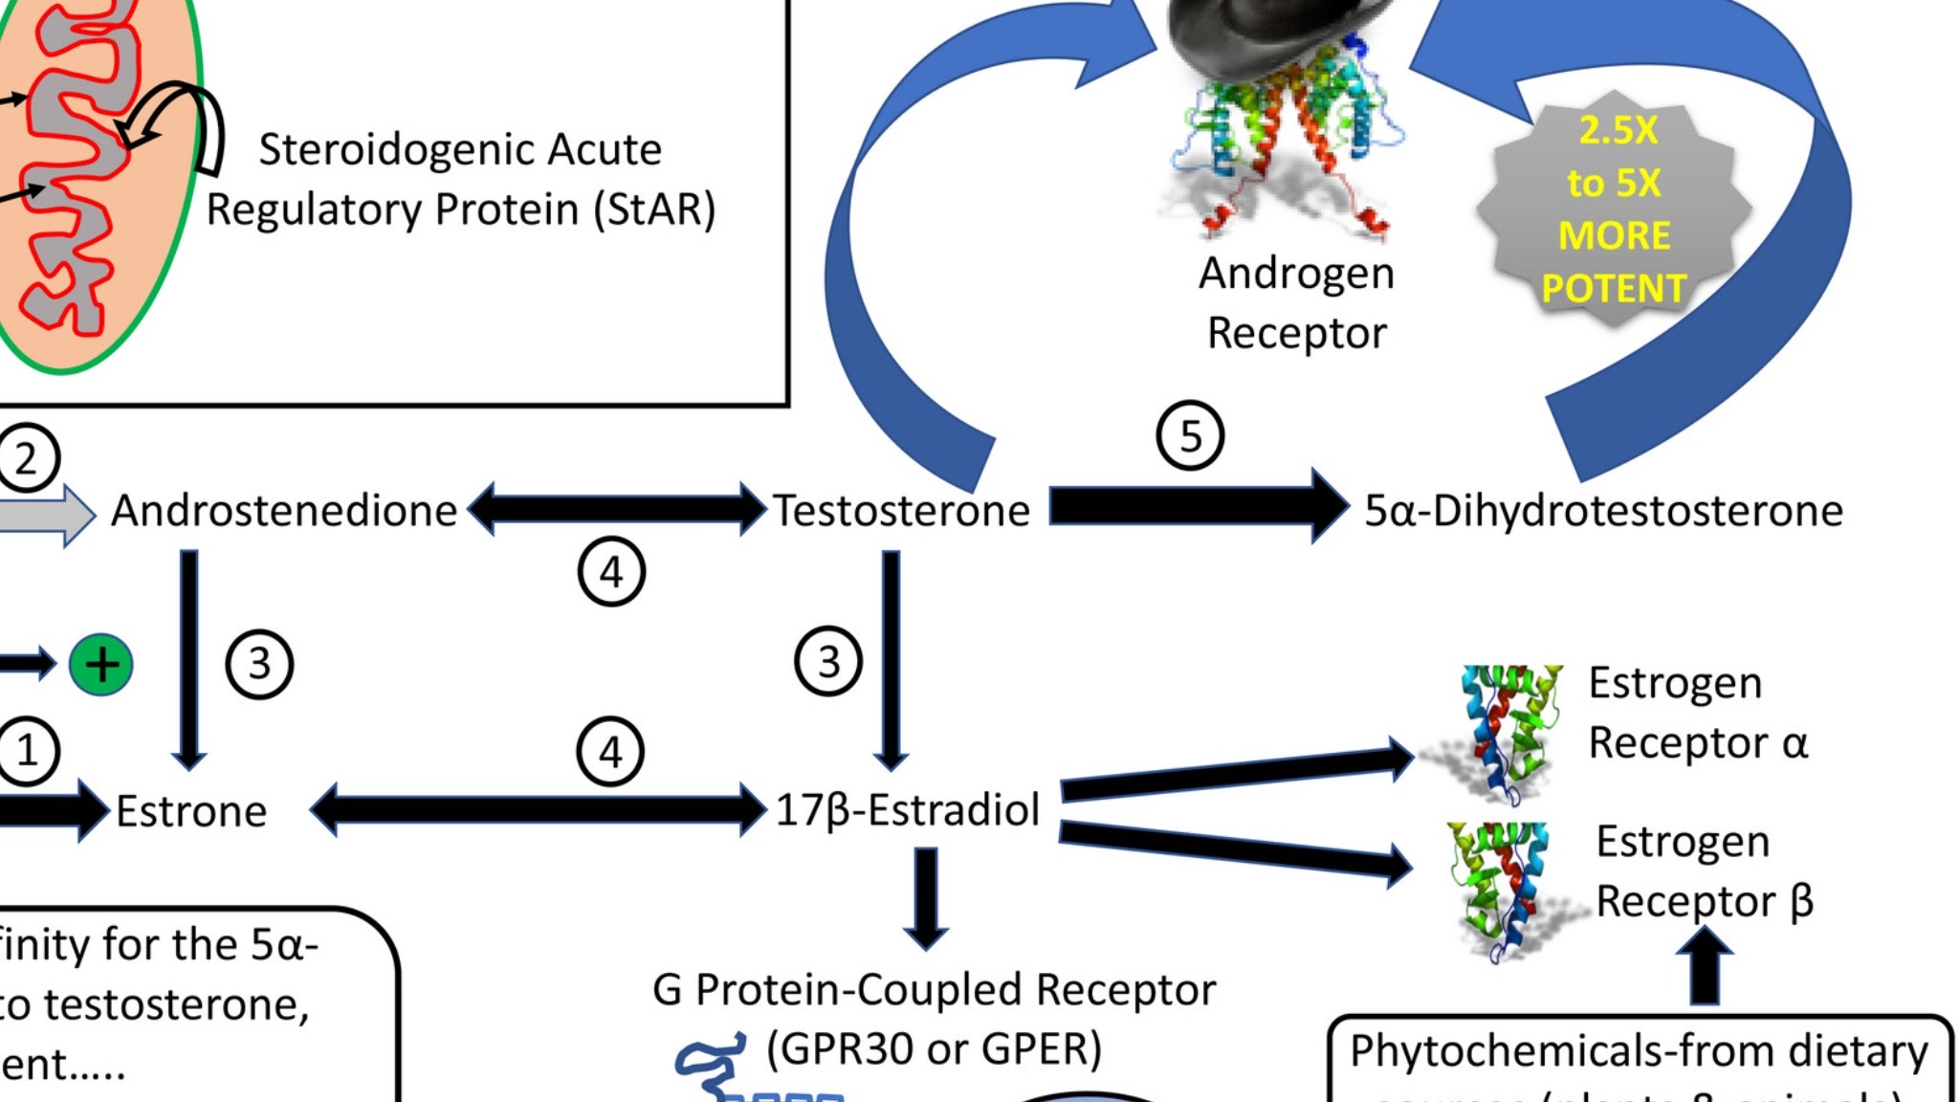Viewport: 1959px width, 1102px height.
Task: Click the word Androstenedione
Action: (x=284, y=511)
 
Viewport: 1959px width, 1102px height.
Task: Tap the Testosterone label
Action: (x=901, y=511)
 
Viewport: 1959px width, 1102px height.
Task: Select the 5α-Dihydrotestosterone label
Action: (x=1603, y=511)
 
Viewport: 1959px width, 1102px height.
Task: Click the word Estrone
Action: (x=191, y=811)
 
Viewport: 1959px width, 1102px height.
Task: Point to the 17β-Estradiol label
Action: (x=907, y=809)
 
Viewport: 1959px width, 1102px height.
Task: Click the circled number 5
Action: (x=1190, y=436)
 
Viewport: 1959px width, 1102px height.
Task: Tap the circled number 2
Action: (x=26, y=458)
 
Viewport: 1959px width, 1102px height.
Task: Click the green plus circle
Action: (x=101, y=664)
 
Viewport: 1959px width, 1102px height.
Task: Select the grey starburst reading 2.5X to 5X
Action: (x=1614, y=210)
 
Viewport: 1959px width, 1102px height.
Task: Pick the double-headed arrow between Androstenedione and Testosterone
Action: (x=617, y=508)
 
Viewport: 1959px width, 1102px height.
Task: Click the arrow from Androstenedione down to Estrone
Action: (x=189, y=660)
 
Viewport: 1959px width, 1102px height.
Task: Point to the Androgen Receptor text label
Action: (x=1296, y=303)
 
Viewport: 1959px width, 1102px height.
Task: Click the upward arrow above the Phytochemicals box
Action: (x=1705, y=968)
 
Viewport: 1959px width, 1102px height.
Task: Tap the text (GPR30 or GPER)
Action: (x=934, y=1048)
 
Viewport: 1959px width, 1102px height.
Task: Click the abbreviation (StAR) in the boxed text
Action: (x=654, y=209)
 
